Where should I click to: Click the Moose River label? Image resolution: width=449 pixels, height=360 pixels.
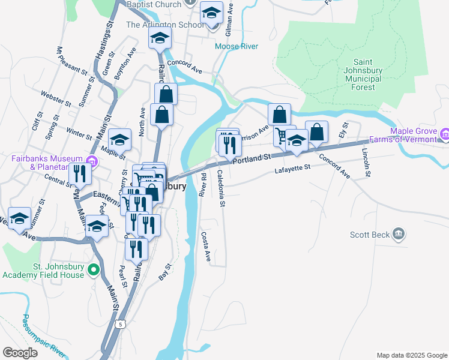pyautogui.click(x=237, y=46)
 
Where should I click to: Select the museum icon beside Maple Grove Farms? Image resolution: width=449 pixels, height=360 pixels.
pyautogui.click(x=444, y=133)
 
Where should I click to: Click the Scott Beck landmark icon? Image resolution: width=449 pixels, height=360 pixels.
pyautogui.click(x=397, y=234)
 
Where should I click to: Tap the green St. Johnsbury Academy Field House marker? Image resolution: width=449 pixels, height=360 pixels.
pyautogui.click(x=93, y=271)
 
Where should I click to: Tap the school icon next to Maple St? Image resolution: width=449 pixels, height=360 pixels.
pyautogui.click(x=119, y=140)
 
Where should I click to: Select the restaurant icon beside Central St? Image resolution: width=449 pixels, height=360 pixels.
pyautogui.click(x=80, y=174)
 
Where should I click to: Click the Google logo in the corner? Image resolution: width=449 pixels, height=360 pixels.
pyautogui.click(x=20, y=353)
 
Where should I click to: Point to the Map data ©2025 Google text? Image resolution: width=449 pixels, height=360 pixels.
pyautogui.click(x=412, y=355)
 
